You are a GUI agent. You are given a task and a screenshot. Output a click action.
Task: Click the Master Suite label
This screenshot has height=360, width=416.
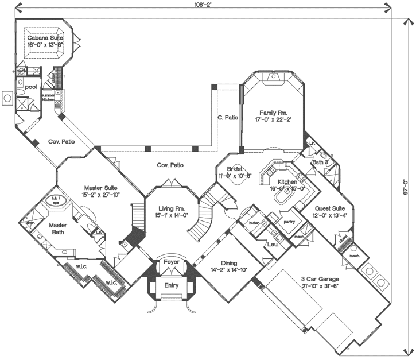(101, 188)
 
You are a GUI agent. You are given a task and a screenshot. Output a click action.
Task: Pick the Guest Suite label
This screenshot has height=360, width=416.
(330, 208)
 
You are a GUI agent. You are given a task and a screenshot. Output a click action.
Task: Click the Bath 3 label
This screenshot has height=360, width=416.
(320, 162)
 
